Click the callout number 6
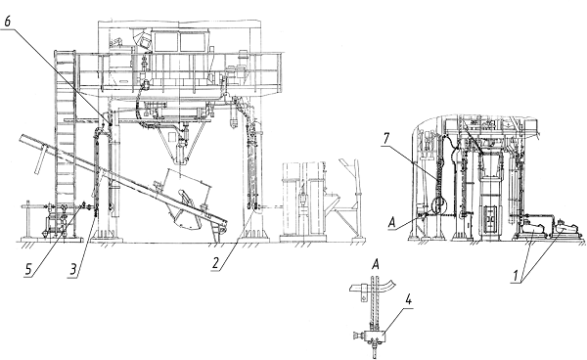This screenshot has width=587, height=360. pyautogui.click(x=7, y=22)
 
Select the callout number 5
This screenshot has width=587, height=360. pyautogui.click(x=28, y=269)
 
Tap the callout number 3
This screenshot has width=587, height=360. pyautogui.click(x=73, y=269)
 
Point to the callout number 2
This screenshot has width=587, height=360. pyautogui.click(x=215, y=263)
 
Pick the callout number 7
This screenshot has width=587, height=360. pyautogui.click(x=386, y=139)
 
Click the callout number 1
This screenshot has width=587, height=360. pyautogui.click(x=516, y=276)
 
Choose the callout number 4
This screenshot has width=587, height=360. pyautogui.click(x=408, y=300)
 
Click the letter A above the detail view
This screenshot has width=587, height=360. pyautogui.click(x=376, y=264)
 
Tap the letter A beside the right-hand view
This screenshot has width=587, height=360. pyautogui.click(x=391, y=223)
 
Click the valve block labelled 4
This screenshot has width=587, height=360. pyautogui.click(x=376, y=335)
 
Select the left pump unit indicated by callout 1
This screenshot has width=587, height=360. pyautogui.click(x=531, y=229)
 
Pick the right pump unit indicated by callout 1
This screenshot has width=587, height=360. pyautogui.click(x=567, y=228)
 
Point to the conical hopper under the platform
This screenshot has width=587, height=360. pyautogui.click(x=180, y=144)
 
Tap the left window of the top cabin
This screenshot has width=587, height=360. pyautogui.click(x=164, y=41)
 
